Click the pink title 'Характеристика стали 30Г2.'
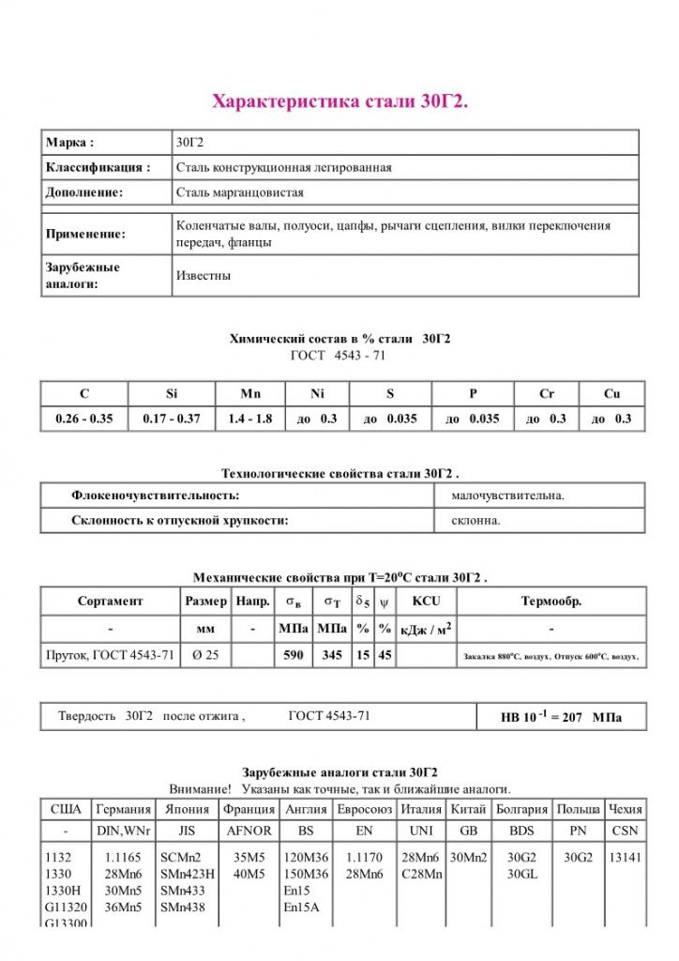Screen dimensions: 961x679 (x=339, y=100)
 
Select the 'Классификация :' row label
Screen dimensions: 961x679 (x=98, y=167)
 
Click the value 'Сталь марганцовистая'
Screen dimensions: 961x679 (x=240, y=192)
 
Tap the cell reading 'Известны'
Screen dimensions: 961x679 (x=204, y=276)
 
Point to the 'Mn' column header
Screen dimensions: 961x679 (x=249, y=394)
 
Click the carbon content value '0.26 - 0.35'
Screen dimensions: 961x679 (x=83, y=419)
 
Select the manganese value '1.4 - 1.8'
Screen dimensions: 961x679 (x=249, y=419)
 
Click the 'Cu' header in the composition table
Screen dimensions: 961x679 (x=611, y=394)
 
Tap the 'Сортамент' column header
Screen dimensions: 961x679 (x=111, y=601)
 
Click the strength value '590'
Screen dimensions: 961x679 (x=294, y=655)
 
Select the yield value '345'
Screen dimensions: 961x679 (x=332, y=655)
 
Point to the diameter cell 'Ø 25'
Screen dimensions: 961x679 (x=205, y=655)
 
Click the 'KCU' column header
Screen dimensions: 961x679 (x=426, y=601)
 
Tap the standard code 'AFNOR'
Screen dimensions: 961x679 (x=249, y=831)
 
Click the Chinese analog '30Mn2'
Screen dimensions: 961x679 (x=468, y=857)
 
